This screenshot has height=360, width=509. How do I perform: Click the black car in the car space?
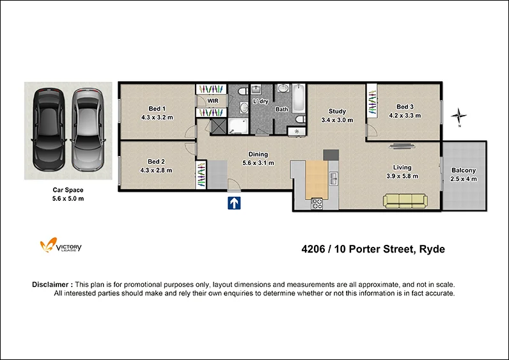48,130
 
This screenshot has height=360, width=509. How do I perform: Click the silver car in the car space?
88,130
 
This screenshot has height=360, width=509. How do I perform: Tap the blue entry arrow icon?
235,203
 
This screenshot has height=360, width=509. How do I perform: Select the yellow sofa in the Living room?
405,201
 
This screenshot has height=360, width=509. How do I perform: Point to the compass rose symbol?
458,116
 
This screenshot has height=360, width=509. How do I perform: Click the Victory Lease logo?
61,246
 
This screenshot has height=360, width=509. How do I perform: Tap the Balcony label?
463,170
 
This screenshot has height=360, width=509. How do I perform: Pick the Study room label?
337,111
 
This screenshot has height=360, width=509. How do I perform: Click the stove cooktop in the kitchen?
317,204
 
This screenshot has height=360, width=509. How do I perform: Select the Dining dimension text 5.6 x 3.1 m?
258,163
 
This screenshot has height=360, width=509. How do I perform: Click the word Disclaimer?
51,285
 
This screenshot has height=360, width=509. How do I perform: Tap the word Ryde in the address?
432,249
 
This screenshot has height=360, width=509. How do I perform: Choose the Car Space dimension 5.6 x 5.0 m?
68,199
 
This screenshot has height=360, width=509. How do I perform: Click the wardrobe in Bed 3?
370,102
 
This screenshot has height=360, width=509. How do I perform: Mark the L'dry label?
260,102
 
